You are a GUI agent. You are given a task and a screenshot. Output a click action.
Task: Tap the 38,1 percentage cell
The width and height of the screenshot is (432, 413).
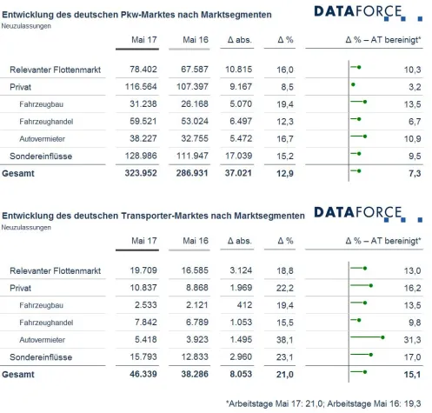(284, 339)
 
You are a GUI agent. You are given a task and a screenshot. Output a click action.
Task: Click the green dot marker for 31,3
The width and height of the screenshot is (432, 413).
(383, 337)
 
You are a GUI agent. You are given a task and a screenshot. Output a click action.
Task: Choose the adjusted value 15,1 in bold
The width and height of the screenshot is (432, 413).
(412, 375)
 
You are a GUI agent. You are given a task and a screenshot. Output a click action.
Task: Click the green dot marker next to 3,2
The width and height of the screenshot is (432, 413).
(353, 85)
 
